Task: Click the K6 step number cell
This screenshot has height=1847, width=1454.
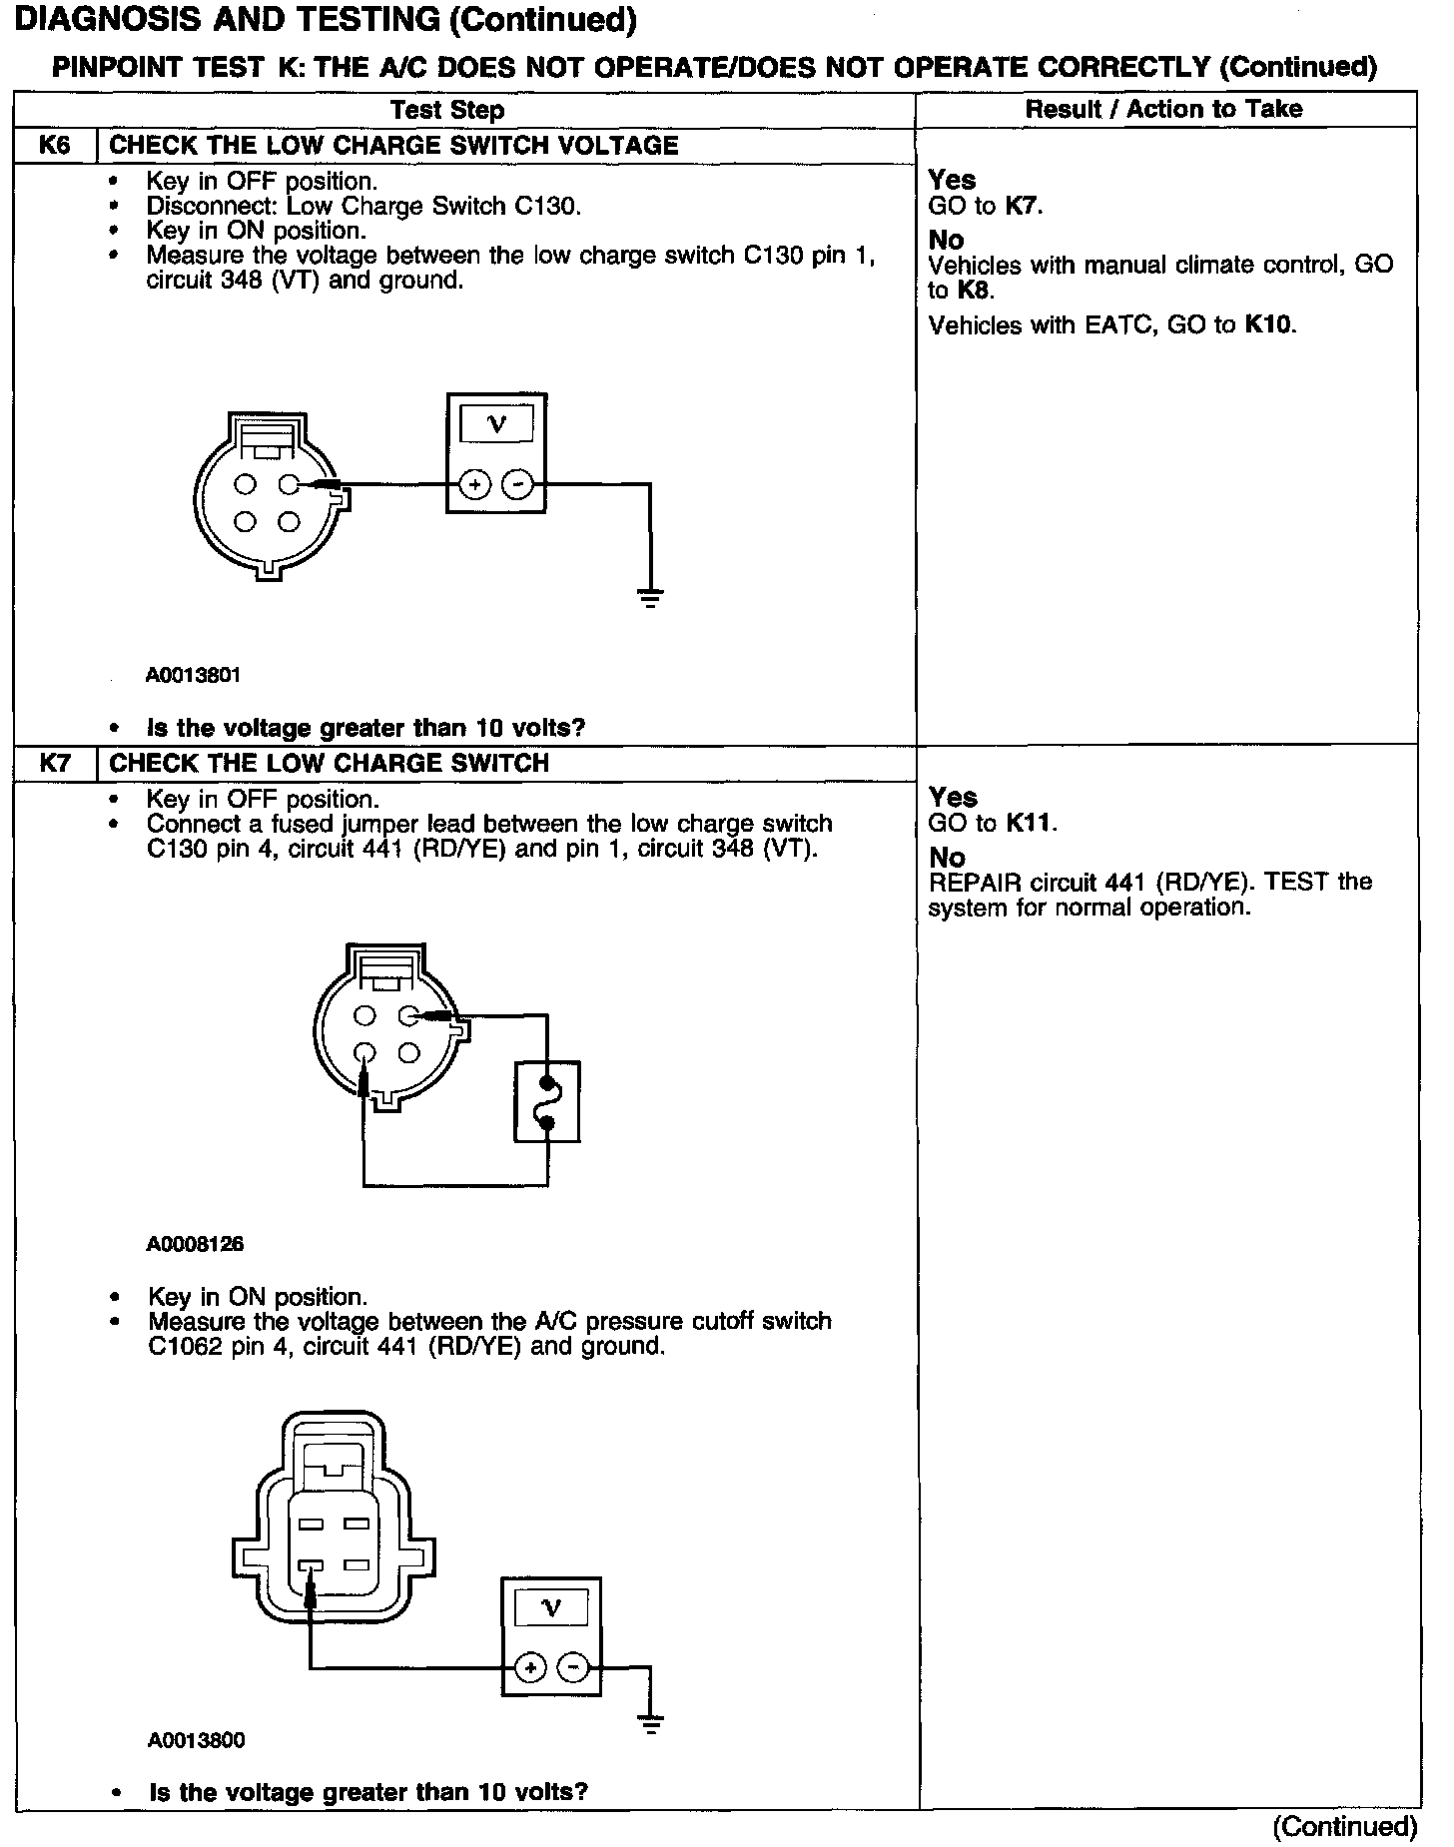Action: coord(55,146)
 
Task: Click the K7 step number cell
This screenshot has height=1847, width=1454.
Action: coord(55,764)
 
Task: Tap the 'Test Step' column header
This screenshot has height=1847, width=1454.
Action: coord(447,110)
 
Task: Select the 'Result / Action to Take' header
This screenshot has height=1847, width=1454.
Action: coord(1163,109)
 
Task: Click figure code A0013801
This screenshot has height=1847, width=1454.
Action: coord(193,676)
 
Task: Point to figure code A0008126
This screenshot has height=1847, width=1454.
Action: coord(195,1245)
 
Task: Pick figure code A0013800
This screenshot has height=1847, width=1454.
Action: coord(196,1741)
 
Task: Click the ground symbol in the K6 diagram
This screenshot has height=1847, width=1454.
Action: coord(650,598)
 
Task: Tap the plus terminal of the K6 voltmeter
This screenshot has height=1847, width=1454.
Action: coord(474,486)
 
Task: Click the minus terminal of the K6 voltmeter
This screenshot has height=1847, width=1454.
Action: coord(517,486)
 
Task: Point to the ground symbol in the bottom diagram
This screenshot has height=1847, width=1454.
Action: coord(650,1724)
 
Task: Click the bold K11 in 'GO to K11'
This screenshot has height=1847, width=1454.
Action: coord(1030,824)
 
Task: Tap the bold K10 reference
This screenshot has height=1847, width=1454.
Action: coord(1268,324)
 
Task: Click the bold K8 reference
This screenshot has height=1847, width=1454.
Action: coord(974,292)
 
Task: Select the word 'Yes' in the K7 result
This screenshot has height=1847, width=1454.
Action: coord(953,797)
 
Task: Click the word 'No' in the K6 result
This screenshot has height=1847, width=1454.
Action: coord(946,240)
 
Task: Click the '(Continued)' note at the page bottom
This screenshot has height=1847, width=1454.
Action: coord(1344,1826)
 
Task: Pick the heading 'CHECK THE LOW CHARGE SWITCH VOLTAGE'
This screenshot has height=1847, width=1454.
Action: coord(393,146)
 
